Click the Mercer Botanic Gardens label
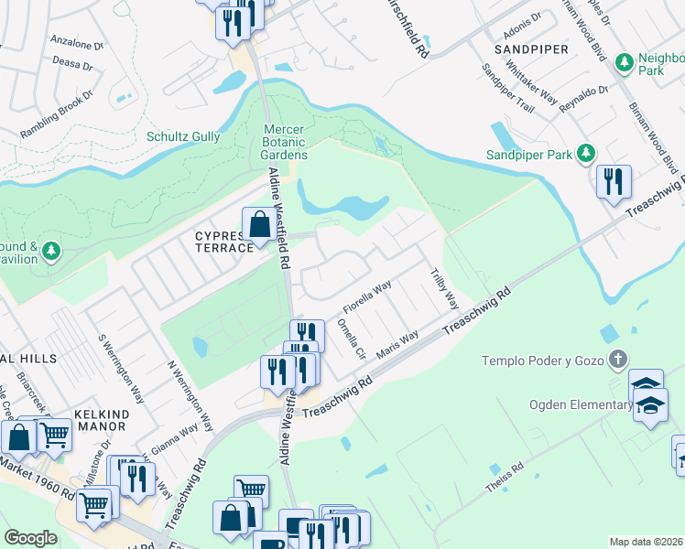click(x=284, y=143)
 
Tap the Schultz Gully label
click(x=183, y=136)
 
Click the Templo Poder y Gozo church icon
click(x=619, y=359)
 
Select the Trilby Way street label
click(x=445, y=286)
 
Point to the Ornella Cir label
click(x=352, y=338)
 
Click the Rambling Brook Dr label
click(x=57, y=114)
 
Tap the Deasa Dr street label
click(x=72, y=64)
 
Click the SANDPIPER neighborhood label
click(x=531, y=48)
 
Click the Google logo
click(x=30, y=537)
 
